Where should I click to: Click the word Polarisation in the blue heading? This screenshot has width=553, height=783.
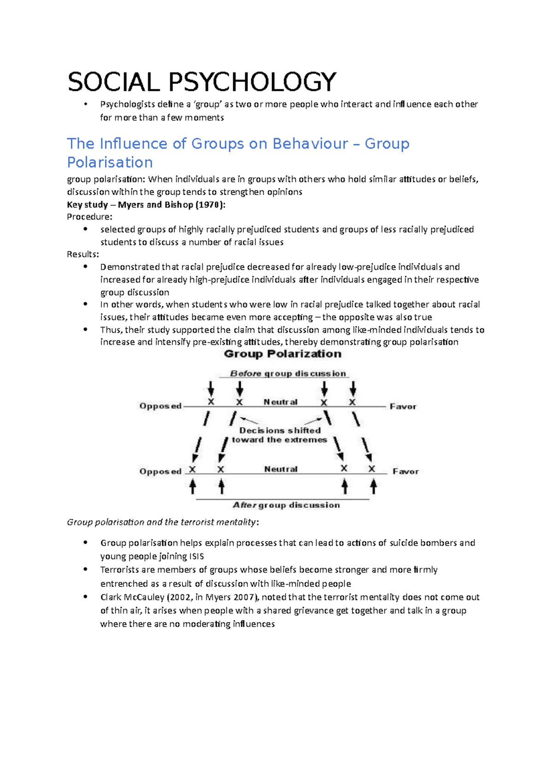point(110,162)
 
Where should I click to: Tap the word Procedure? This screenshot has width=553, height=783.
point(88,217)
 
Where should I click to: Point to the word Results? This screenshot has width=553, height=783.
point(82,254)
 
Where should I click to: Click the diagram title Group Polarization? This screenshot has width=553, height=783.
point(282,354)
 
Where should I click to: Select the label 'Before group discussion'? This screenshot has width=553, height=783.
point(288,374)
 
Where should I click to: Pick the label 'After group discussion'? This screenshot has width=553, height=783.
point(286,505)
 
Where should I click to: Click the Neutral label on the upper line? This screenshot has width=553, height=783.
point(280,402)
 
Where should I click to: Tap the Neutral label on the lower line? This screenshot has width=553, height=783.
point(281,469)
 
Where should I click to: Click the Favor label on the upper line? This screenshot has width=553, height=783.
point(403,406)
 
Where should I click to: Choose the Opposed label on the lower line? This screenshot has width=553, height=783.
point(160,471)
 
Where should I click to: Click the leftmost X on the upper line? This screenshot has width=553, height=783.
point(211,402)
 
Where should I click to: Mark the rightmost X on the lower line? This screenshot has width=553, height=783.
point(372,469)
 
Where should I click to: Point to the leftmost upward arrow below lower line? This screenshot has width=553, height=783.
point(193,486)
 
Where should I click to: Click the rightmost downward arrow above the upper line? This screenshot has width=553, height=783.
point(353,389)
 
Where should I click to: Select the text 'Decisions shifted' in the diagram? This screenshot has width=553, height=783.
point(280,430)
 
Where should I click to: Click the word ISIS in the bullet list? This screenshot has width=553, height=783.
point(196,557)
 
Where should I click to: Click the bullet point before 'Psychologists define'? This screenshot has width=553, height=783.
point(85,104)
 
